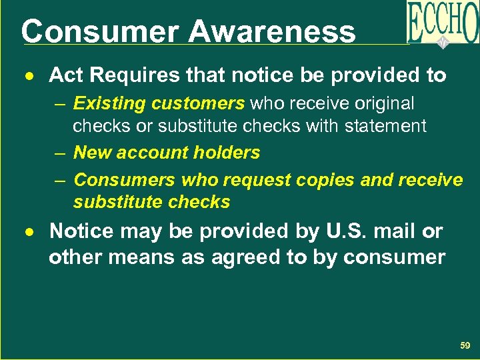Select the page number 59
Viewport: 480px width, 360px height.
click(x=465, y=345)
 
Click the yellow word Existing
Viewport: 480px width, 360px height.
click(x=109, y=104)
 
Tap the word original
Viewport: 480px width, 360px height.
click(x=387, y=104)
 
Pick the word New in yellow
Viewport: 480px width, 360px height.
click(x=91, y=153)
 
